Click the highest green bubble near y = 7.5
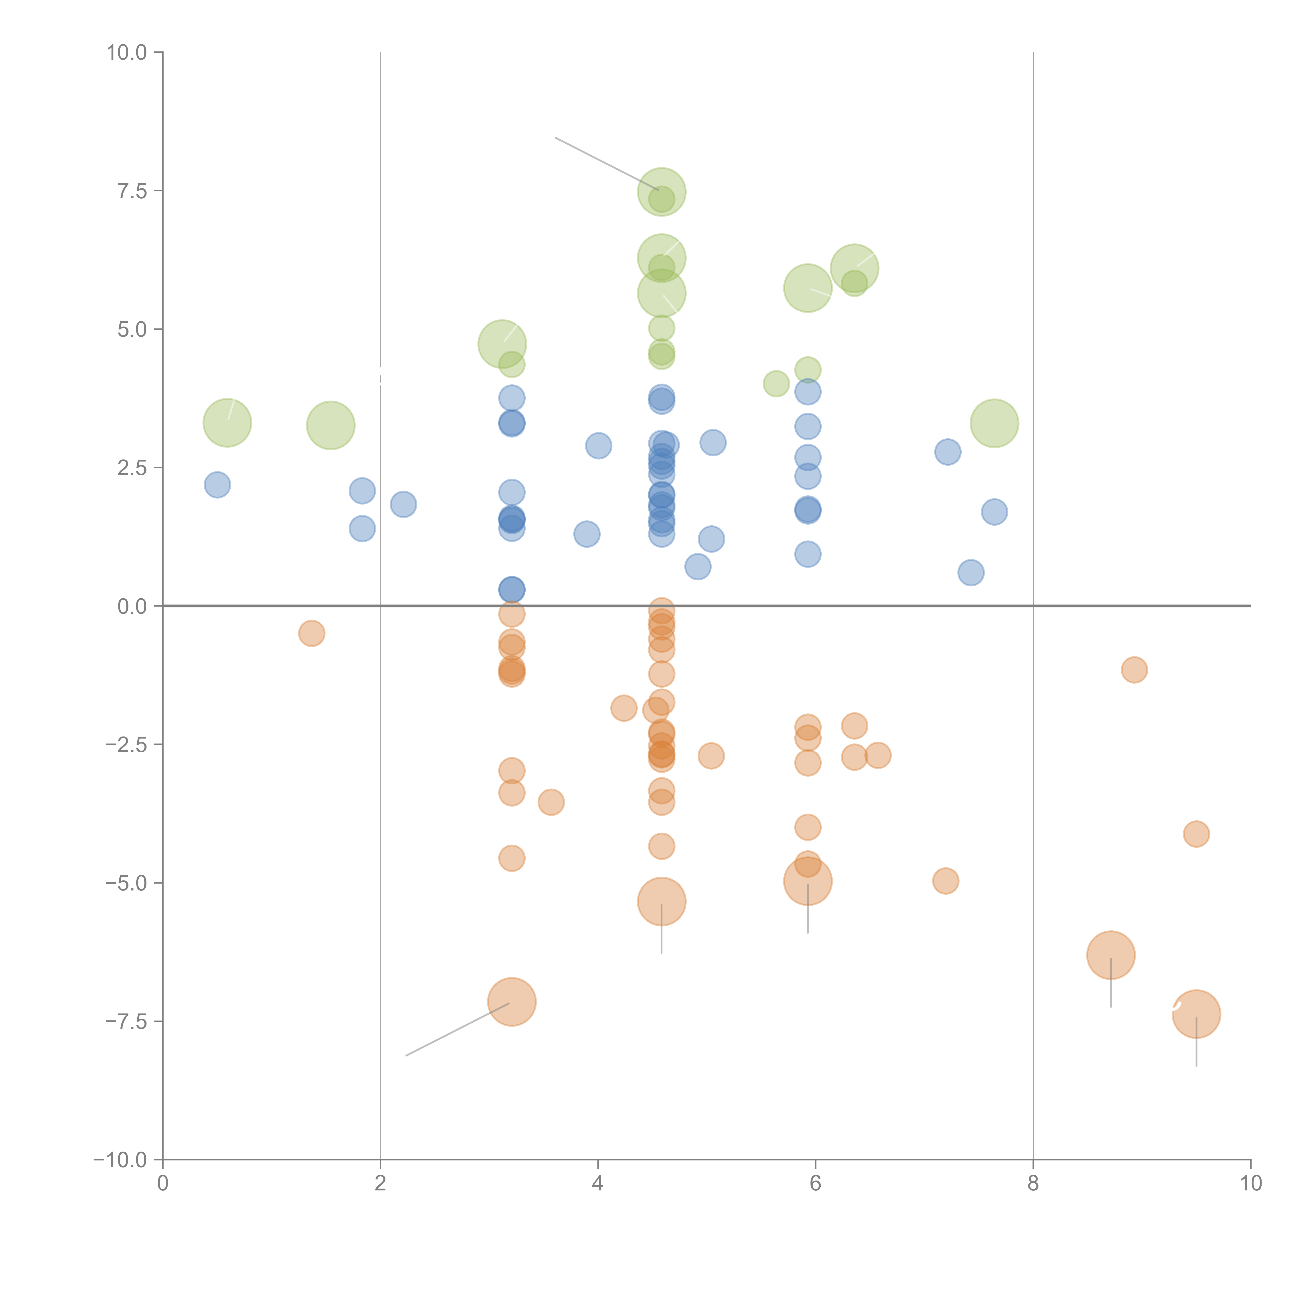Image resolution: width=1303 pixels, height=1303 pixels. coord(662,192)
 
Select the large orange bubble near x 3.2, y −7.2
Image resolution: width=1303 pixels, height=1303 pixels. coord(512,1001)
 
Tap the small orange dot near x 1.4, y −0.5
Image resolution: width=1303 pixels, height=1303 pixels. coord(312,633)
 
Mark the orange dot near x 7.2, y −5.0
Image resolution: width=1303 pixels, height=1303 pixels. coord(945,881)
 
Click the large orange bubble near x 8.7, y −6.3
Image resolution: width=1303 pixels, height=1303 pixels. coord(1111,955)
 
